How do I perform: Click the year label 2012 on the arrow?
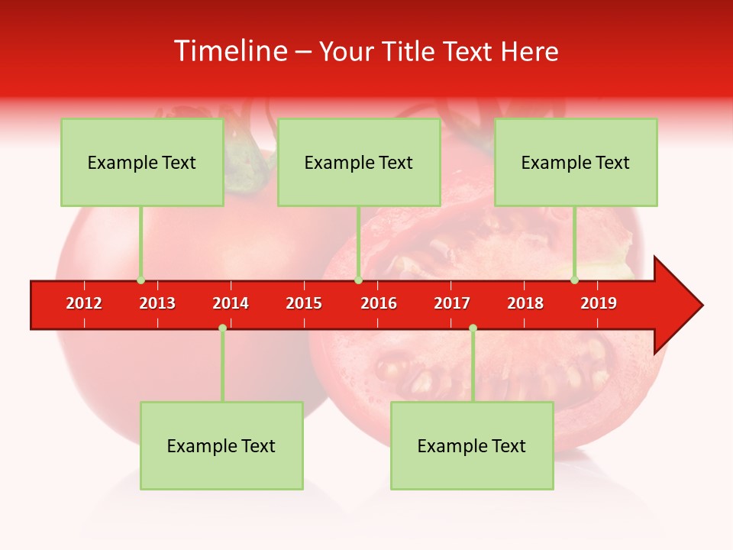click(84, 303)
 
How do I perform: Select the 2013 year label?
click(157, 303)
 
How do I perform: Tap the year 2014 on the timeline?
click(231, 303)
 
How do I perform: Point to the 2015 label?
click(304, 303)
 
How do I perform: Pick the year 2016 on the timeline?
click(379, 303)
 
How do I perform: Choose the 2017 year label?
click(452, 303)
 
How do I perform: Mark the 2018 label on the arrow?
click(525, 303)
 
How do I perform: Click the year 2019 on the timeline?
click(599, 303)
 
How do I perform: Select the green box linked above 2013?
click(142, 162)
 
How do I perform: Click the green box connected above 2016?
click(359, 162)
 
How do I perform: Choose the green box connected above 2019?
click(576, 162)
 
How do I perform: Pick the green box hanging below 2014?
click(221, 445)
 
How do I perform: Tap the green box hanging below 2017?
click(472, 445)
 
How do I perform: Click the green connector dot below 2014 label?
click(222, 328)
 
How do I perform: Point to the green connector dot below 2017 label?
click(473, 328)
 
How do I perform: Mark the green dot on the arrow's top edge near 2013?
click(140, 280)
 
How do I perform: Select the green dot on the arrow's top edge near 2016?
click(358, 280)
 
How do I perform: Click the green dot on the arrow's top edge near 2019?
click(574, 280)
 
